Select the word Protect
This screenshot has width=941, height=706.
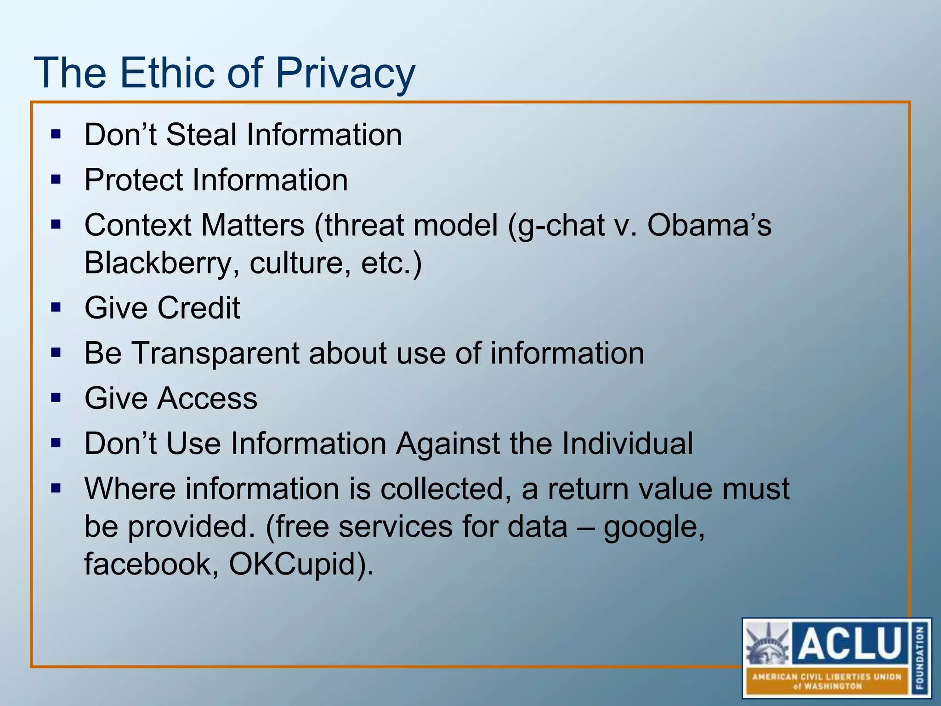click(x=133, y=180)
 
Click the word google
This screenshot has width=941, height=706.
click(x=653, y=527)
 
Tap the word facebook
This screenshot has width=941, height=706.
click(x=152, y=564)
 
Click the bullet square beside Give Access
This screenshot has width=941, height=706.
click(x=56, y=398)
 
